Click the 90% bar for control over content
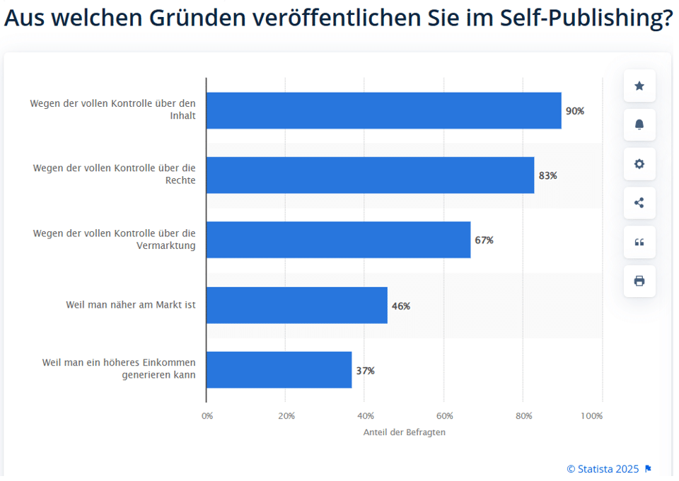tap(383, 110)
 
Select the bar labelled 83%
tap(370, 175)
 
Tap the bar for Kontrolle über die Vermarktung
tap(338, 240)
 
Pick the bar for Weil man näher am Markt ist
tap(297, 305)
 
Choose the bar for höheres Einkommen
tap(279, 370)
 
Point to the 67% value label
tap(484, 240)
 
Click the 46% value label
tap(401, 306)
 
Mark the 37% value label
tap(366, 371)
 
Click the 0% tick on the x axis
tap(207, 416)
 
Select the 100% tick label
tap(591, 416)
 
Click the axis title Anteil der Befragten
tap(405, 432)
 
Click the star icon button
tap(639, 86)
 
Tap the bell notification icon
tap(639, 124)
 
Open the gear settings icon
tap(639, 164)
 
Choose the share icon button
tap(639, 203)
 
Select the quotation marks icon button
tap(639, 242)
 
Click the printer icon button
tap(639, 281)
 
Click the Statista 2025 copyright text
tap(603, 469)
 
